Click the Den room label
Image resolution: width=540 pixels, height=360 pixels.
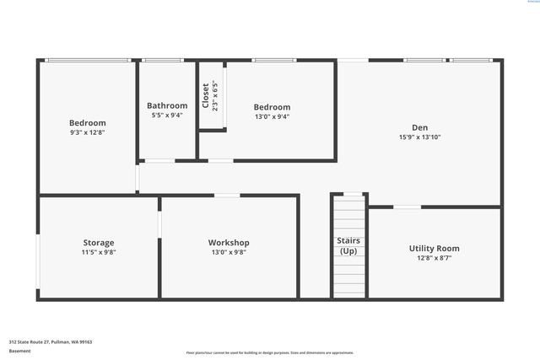[419, 127]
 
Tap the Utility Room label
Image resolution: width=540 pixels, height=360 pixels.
[434, 248]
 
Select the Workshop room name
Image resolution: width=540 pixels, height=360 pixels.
[229, 243]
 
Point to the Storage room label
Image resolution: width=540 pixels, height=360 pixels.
[99, 243]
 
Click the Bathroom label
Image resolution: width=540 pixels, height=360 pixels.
[167, 105]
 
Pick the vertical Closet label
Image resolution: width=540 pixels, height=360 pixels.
[205, 95]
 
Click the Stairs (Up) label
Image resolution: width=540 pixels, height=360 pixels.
[348, 245]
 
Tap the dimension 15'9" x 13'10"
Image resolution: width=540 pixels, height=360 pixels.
[420, 137]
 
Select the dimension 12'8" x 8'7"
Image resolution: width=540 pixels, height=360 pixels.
[434, 258]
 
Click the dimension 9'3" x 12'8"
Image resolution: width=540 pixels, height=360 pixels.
[88, 132]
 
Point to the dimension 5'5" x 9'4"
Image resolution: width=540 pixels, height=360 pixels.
[167, 116]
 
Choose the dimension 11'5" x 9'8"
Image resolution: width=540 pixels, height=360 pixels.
[99, 252]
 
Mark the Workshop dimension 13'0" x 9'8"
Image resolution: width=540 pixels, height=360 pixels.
[229, 252]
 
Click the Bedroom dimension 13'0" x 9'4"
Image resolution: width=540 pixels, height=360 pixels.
[272, 117]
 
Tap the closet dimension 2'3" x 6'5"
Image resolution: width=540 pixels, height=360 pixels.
[215, 96]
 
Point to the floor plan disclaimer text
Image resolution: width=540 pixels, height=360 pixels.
[269, 353]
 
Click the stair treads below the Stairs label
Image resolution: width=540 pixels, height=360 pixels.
[348, 278]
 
